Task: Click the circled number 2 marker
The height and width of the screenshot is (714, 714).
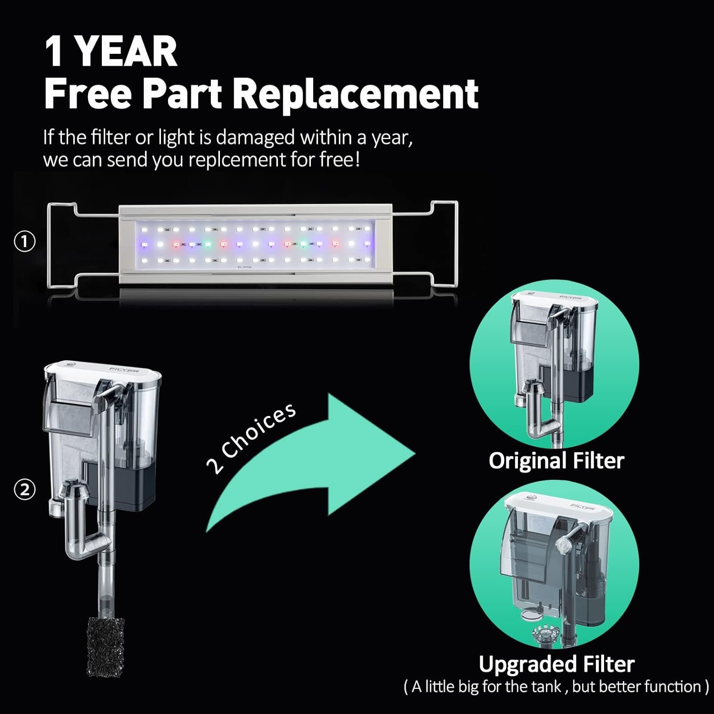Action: (x=25, y=490)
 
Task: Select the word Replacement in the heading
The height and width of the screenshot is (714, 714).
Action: (x=356, y=93)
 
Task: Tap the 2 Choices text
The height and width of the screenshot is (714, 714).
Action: (x=251, y=438)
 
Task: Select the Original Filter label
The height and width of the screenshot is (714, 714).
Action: (x=556, y=461)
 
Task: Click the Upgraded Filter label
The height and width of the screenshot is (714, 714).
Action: (x=556, y=664)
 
